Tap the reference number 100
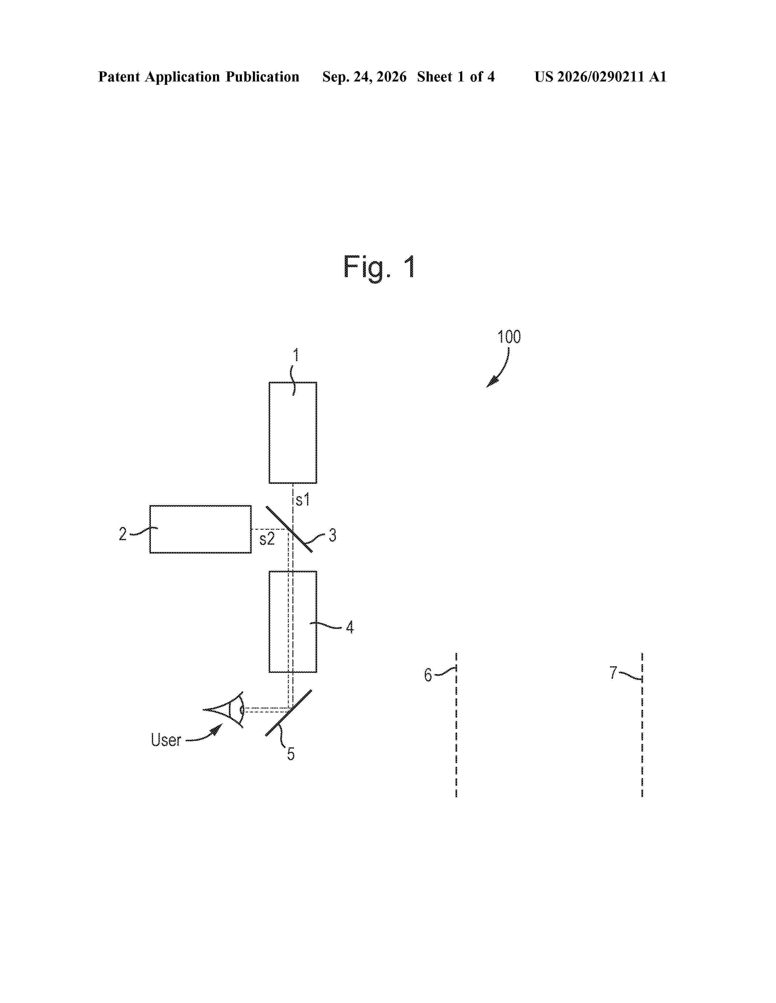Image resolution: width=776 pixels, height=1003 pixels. tap(509, 337)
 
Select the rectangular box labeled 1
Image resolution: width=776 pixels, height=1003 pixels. tap(293, 433)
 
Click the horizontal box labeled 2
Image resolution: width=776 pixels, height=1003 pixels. tap(201, 529)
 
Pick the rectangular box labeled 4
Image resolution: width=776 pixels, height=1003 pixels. tap(293, 622)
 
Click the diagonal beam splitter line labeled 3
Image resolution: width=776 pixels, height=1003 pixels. tap(289, 529)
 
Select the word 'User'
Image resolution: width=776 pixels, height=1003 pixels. tap(166, 740)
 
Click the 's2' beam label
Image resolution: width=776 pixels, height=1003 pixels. tap(267, 539)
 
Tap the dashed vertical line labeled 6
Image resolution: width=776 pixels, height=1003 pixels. tap(456, 725)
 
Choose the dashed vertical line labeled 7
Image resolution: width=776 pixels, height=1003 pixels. tap(642, 725)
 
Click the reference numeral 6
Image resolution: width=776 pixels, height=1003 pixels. tap(428, 675)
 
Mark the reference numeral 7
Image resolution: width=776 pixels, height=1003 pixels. tap(613, 673)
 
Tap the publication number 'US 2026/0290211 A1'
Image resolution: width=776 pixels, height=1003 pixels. tap(600, 77)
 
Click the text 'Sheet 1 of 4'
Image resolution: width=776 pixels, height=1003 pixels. tap(456, 77)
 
